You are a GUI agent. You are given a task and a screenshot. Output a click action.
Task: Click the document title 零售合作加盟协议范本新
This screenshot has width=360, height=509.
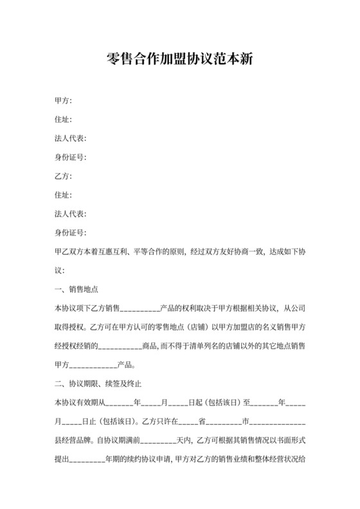180,60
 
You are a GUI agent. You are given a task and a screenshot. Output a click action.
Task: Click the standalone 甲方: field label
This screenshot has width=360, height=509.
63,101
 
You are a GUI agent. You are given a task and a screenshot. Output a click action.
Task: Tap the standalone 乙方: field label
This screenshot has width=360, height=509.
63,176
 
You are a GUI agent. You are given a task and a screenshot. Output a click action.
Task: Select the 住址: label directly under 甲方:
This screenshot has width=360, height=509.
63,120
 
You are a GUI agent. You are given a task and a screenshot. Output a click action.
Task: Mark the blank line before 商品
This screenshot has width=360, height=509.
120,346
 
